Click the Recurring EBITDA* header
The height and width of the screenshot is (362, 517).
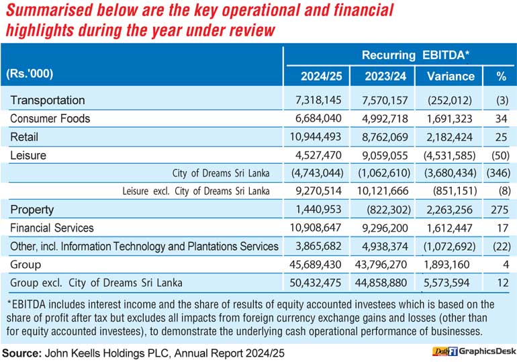tap(416, 55)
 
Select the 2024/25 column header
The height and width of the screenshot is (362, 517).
tap(321, 77)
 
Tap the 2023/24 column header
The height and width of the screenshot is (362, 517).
tap(385, 77)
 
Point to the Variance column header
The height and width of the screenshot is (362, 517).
tap(451, 77)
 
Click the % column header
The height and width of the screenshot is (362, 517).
tap(501, 77)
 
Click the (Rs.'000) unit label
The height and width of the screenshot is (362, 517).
tap(30, 73)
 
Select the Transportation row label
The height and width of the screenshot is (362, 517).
tap(48, 100)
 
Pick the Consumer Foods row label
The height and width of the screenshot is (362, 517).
tap(50, 119)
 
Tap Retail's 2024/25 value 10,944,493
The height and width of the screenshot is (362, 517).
tap(316, 137)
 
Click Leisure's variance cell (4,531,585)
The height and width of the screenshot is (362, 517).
tap(450, 155)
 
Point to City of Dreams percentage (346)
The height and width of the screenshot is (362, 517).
tap(498, 173)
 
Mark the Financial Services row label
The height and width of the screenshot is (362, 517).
tap(52, 228)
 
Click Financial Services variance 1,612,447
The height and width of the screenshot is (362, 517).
tap(450, 228)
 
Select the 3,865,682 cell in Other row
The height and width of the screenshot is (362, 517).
tap(318, 246)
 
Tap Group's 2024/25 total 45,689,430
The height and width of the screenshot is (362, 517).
tap(316, 265)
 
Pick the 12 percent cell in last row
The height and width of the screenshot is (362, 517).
tap(503, 283)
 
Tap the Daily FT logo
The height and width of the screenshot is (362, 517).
tap(444, 351)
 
